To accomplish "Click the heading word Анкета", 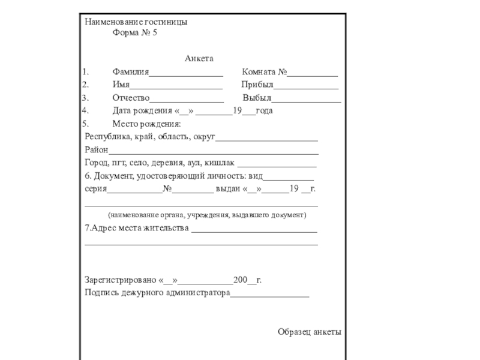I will coord(199,59).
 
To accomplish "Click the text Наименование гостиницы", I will coord(136,22).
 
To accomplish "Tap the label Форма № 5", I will coord(134,33).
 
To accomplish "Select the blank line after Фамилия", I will coord(186,74).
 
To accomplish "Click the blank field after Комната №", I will coord(312,74).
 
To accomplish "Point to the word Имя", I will coord(121,85).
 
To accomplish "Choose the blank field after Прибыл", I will coord(306,87).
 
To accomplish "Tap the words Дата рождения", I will coord(142,111).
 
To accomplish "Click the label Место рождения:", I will coord(146,124).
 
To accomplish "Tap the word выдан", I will coord(228,189).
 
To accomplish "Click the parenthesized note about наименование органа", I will coord(207,215).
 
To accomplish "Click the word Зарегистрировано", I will coord(121,280).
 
